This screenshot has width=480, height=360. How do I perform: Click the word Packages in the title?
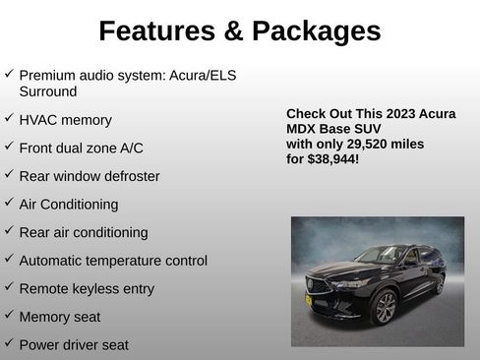(317, 30)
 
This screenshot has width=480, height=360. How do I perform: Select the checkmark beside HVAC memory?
(9, 118)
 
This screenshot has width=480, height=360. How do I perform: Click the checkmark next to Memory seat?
(9, 316)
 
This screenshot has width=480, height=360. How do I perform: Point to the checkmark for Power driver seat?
(9, 343)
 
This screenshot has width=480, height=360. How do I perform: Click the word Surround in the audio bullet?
(47, 90)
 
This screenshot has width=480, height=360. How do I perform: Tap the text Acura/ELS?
(202, 75)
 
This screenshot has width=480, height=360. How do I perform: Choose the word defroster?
(125, 176)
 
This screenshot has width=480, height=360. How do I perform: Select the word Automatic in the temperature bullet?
(53, 261)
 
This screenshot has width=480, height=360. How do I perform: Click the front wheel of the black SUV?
(384, 308)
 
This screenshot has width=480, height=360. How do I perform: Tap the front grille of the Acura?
(317, 286)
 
